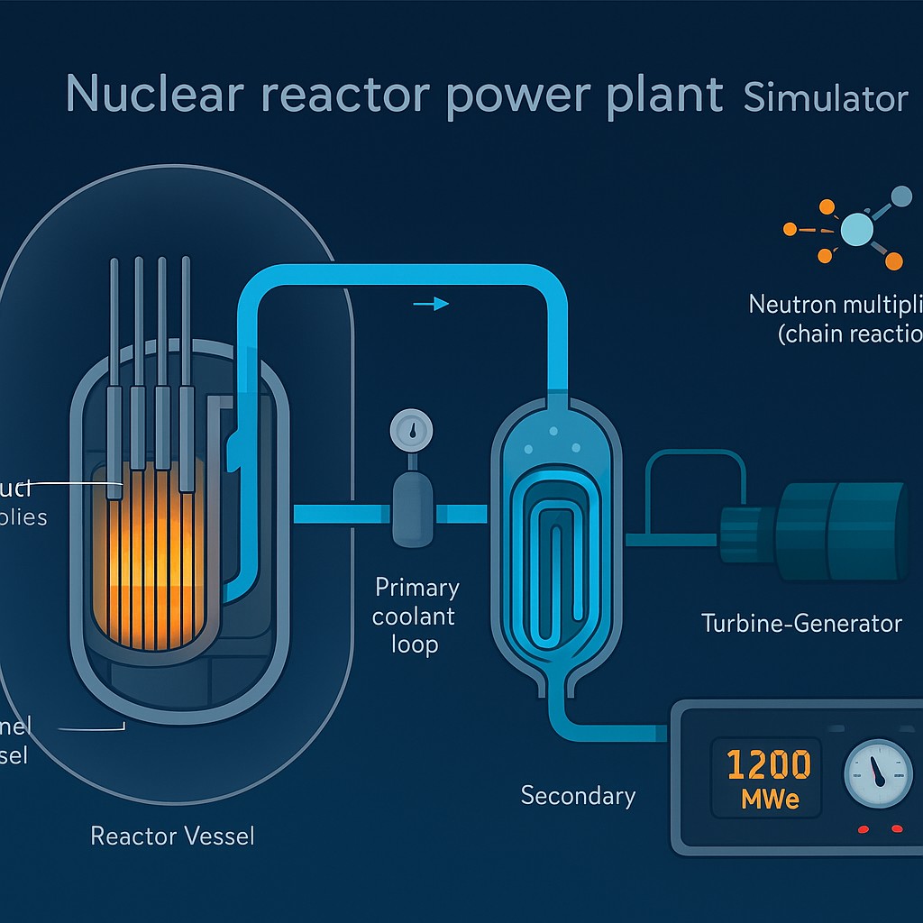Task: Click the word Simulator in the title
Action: (825, 96)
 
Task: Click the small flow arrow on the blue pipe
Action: (431, 304)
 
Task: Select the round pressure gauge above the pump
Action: (412, 431)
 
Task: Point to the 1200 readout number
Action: (768, 765)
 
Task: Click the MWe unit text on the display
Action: (769, 799)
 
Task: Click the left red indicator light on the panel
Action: (863, 828)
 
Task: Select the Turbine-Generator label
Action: (801, 623)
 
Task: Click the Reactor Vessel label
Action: (172, 836)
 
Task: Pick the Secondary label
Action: (578, 795)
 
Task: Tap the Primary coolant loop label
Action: (417, 617)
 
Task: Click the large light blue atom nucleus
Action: (855, 230)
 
